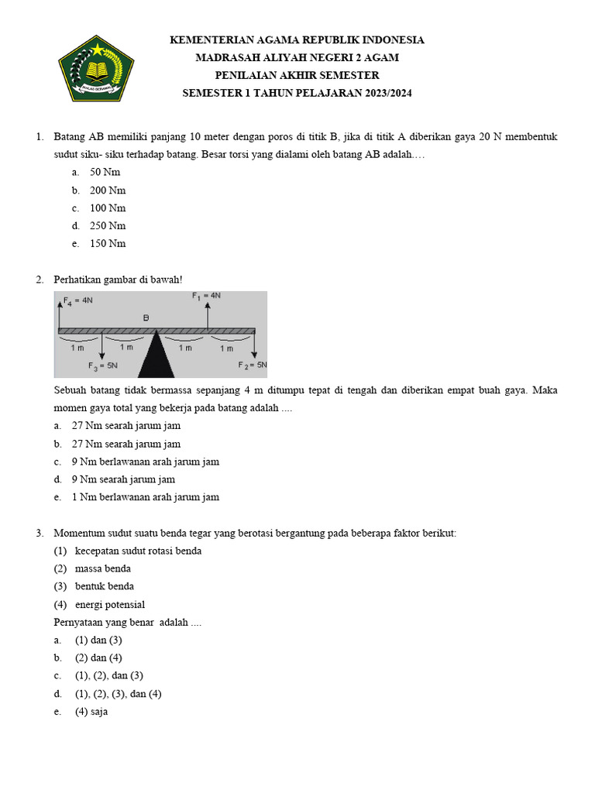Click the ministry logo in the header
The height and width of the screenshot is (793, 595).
[97, 67]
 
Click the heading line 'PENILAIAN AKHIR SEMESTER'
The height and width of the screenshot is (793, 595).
[297, 75]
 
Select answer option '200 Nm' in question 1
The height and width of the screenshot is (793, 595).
[108, 191]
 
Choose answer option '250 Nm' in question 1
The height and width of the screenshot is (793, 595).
[108, 226]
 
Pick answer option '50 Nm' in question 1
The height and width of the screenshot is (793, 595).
[105, 173]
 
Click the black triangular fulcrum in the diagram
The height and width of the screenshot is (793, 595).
[157, 355]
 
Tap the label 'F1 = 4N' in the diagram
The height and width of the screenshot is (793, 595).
[207, 295]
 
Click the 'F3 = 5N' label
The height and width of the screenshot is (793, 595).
[103, 366]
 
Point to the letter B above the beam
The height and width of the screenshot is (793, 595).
[146, 318]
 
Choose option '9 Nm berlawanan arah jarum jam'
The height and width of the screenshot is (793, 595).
[145, 462]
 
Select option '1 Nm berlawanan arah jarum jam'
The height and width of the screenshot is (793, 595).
[145, 497]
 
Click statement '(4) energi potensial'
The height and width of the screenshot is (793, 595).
[109, 605]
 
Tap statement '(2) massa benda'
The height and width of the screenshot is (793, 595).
[102, 569]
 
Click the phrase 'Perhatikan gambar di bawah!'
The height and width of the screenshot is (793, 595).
[118, 280]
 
